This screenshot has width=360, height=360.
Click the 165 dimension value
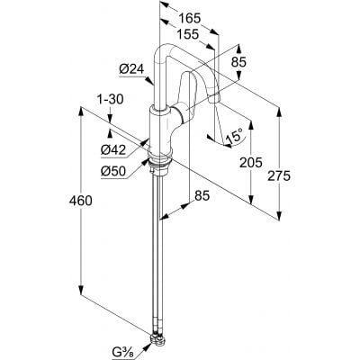click(189, 19)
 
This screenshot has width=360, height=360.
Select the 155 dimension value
click(187, 34)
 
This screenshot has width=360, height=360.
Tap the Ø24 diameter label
click(131, 69)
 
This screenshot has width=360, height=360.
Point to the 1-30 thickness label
click(112, 99)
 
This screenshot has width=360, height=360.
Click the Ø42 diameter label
click(113, 149)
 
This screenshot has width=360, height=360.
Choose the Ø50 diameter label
click(113, 171)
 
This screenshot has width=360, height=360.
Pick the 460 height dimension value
click(81, 201)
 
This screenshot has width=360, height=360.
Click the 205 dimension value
click(251, 162)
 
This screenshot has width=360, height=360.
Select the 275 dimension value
click(279, 175)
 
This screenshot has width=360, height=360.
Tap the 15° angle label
click(234, 136)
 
